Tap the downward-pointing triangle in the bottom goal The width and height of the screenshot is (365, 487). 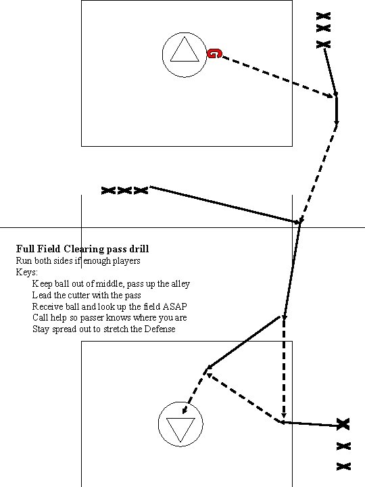180,428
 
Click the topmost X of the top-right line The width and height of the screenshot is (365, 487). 324,16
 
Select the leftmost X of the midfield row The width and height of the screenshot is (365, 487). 107,191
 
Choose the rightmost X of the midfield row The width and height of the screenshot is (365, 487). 141,191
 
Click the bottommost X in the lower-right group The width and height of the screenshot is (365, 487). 343,466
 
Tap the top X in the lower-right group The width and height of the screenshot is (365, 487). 343,424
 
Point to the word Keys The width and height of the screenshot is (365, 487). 26,272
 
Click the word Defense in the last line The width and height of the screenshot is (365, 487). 159,329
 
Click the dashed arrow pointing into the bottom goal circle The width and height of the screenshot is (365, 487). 195,390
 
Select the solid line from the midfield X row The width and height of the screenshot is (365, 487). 223,204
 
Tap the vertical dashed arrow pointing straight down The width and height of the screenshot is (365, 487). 284,369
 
